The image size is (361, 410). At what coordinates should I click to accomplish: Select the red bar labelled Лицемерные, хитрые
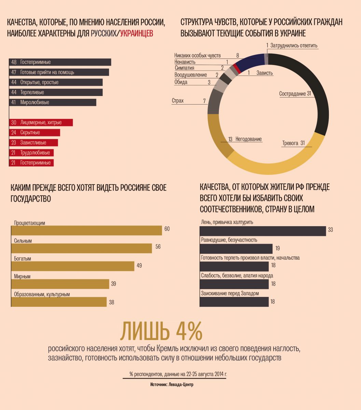(41, 122)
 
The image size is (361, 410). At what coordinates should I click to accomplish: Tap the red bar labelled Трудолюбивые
(32, 153)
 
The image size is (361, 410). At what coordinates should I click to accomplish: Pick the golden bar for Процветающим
(87, 230)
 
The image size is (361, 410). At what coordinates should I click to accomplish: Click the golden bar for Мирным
(60, 284)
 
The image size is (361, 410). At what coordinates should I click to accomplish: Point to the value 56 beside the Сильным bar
(158, 247)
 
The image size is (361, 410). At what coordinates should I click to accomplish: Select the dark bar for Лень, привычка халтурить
(263, 231)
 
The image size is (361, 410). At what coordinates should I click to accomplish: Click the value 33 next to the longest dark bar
(330, 230)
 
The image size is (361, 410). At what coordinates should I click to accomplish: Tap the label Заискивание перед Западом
(230, 293)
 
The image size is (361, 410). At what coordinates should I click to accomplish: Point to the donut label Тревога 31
(293, 143)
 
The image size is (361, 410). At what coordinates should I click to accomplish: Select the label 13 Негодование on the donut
(245, 139)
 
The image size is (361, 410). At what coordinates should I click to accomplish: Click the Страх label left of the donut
(178, 101)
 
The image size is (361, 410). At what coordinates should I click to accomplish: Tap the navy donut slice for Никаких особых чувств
(249, 61)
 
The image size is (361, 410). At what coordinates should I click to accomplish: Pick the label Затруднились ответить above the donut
(294, 45)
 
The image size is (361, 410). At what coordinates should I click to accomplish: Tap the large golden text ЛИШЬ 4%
(162, 330)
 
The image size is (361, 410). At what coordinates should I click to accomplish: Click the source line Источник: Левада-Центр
(174, 385)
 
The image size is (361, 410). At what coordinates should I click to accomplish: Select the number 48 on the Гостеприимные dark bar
(14, 62)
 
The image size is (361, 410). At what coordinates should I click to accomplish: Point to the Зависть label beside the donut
(265, 73)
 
